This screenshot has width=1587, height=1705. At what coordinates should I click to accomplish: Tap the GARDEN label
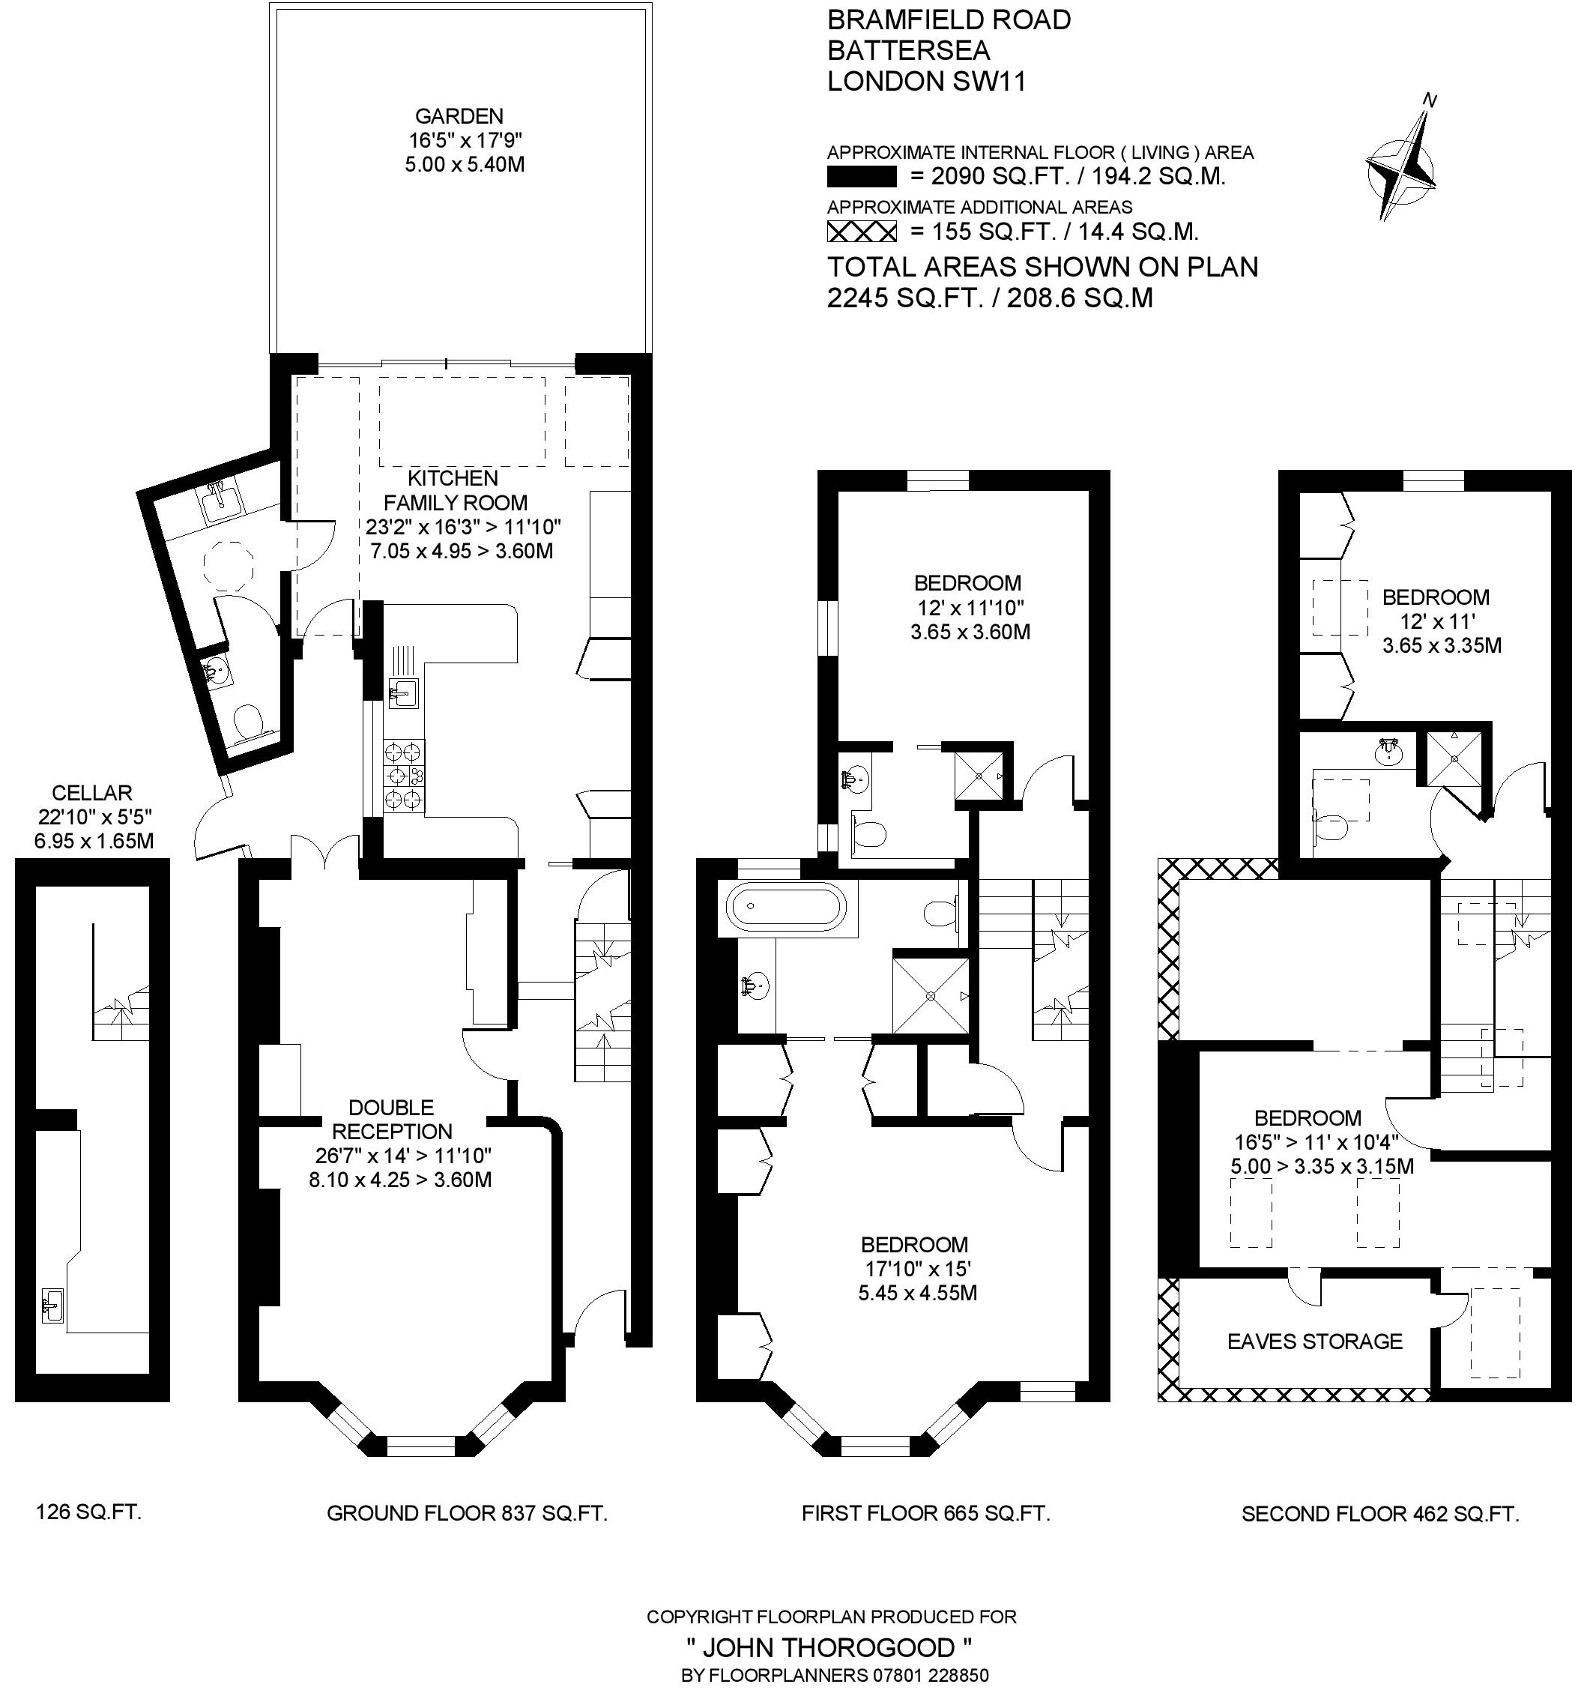pos(459,115)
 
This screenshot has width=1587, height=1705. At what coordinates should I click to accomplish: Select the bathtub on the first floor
pos(785,908)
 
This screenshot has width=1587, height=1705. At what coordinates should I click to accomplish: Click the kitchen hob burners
pos(404,776)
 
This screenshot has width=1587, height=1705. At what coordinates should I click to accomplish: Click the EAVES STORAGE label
pos(1314,1342)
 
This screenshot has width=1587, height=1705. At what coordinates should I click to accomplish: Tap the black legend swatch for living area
pos(861,177)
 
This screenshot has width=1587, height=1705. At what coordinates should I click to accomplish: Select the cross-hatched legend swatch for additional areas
pos(861,232)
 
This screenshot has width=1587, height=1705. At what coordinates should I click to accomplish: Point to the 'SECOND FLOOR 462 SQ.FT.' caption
pos(1379,1514)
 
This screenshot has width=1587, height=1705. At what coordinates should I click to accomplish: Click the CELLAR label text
pos(91,794)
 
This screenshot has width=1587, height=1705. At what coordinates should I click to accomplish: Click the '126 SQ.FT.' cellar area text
pos(89,1511)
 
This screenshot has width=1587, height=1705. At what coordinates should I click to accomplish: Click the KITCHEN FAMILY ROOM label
pos(454,489)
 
